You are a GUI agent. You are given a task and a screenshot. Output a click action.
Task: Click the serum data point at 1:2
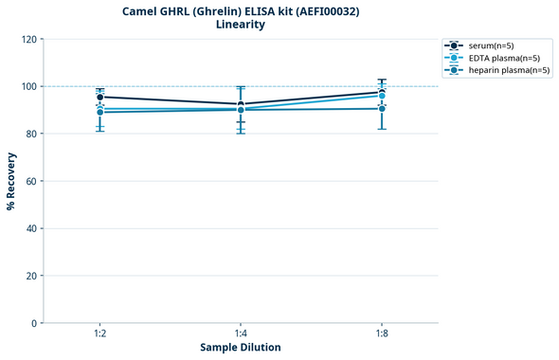click(100, 97)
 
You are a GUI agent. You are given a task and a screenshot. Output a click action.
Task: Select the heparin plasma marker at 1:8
click(382, 108)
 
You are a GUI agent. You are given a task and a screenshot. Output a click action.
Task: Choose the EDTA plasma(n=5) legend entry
click(503, 58)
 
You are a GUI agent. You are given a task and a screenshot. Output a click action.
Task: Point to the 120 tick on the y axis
click(28, 39)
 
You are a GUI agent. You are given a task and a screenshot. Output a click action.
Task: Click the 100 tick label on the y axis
click(28, 86)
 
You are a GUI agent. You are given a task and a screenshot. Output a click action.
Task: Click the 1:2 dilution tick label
click(100, 334)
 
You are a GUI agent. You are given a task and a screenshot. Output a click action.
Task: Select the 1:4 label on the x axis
click(241, 334)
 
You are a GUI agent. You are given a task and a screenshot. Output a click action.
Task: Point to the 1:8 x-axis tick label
click(382, 334)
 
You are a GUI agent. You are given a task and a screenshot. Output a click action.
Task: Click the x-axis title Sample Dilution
click(241, 348)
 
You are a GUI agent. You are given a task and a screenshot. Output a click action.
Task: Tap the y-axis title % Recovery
click(11, 181)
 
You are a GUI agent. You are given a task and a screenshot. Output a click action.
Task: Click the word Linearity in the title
click(241, 25)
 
